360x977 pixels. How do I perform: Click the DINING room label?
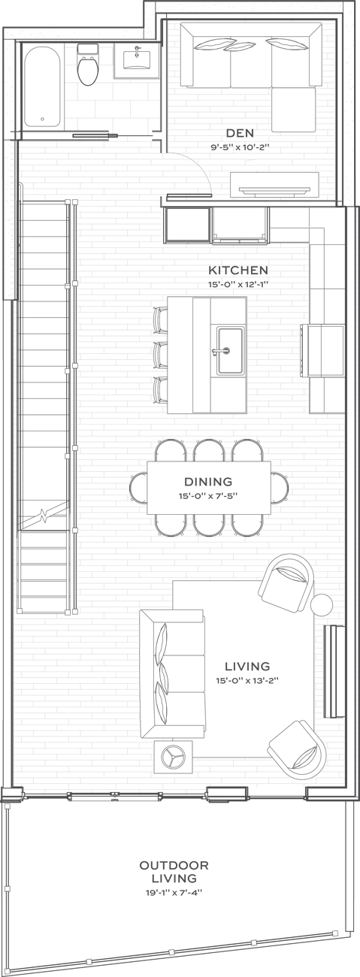[208, 482]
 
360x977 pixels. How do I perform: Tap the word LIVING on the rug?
[247, 667]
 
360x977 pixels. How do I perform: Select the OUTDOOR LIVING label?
[174, 872]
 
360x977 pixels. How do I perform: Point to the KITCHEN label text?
[238, 270]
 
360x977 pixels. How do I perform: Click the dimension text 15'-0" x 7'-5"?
[208, 497]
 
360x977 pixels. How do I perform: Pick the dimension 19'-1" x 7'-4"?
[174, 893]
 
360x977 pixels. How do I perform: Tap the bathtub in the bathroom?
[42, 84]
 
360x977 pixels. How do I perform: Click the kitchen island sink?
[229, 349]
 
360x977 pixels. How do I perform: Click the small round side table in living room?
[322, 604]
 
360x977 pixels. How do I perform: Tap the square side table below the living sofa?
[173, 757]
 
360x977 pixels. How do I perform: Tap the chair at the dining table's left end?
[140, 487]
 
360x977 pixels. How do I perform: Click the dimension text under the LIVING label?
[247, 682]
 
